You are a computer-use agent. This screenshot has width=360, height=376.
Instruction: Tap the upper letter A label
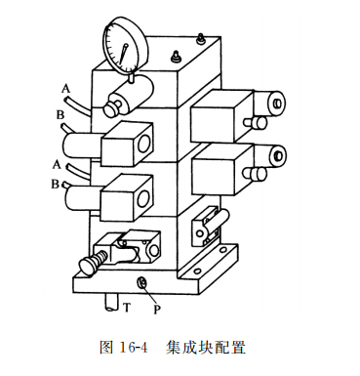pyautogui.click(x=65, y=89)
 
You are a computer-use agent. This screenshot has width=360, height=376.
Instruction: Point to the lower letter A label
pyautogui.click(x=58, y=164)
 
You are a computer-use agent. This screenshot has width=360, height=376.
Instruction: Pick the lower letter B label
pyautogui.click(x=56, y=184)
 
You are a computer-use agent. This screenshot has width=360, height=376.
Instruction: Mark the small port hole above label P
pyautogui.click(x=142, y=283)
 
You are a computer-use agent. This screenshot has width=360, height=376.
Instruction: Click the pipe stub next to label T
pyautogui.click(x=105, y=302)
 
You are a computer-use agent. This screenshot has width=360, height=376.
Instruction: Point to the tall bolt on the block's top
pyautogui.click(x=199, y=40)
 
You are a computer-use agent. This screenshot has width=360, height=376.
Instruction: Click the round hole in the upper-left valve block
pyautogui.click(x=142, y=144)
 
